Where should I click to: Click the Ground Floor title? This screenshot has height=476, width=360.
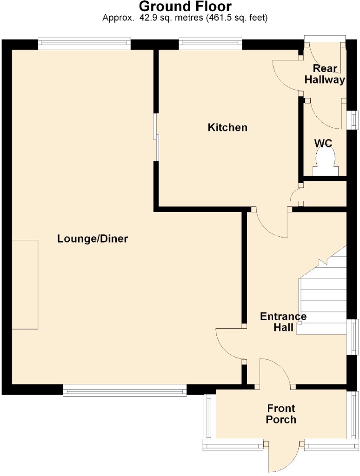click(x=185, y=6)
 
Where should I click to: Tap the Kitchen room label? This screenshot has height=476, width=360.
click(x=227, y=127)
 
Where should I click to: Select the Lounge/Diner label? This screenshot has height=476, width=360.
click(x=93, y=239)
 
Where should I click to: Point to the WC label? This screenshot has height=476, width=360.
click(x=323, y=143)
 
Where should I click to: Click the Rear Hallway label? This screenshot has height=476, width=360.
click(x=325, y=74)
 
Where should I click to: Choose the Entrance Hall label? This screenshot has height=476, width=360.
click(x=283, y=322)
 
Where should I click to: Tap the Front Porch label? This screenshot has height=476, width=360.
click(x=281, y=414)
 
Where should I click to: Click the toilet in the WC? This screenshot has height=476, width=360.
click(x=326, y=163)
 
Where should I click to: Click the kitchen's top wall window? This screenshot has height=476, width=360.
click(x=210, y=44)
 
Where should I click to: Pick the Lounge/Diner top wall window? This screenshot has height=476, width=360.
click(x=85, y=44)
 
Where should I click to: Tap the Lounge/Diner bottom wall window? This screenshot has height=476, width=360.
click(x=125, y=390)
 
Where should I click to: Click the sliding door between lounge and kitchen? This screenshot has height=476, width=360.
click(x=156, y=137)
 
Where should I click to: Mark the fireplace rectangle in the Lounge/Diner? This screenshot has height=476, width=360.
click(x=25, y=284)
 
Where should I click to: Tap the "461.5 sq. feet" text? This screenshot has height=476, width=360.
click(x=236, y=18)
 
